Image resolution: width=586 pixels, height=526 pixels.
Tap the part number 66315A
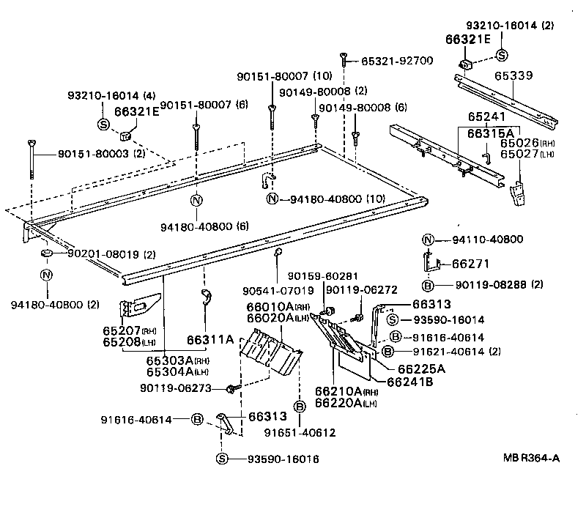[x=487, y=132]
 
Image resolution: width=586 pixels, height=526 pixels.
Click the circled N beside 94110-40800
[x=429, y=239]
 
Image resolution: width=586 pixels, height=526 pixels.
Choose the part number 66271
[x=470, y=263]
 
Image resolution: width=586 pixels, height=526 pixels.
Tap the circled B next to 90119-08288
[x=429, y=284]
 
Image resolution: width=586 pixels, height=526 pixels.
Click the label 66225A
[x=422, y=368]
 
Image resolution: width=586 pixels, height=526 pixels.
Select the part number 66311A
[x=210, y=340]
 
